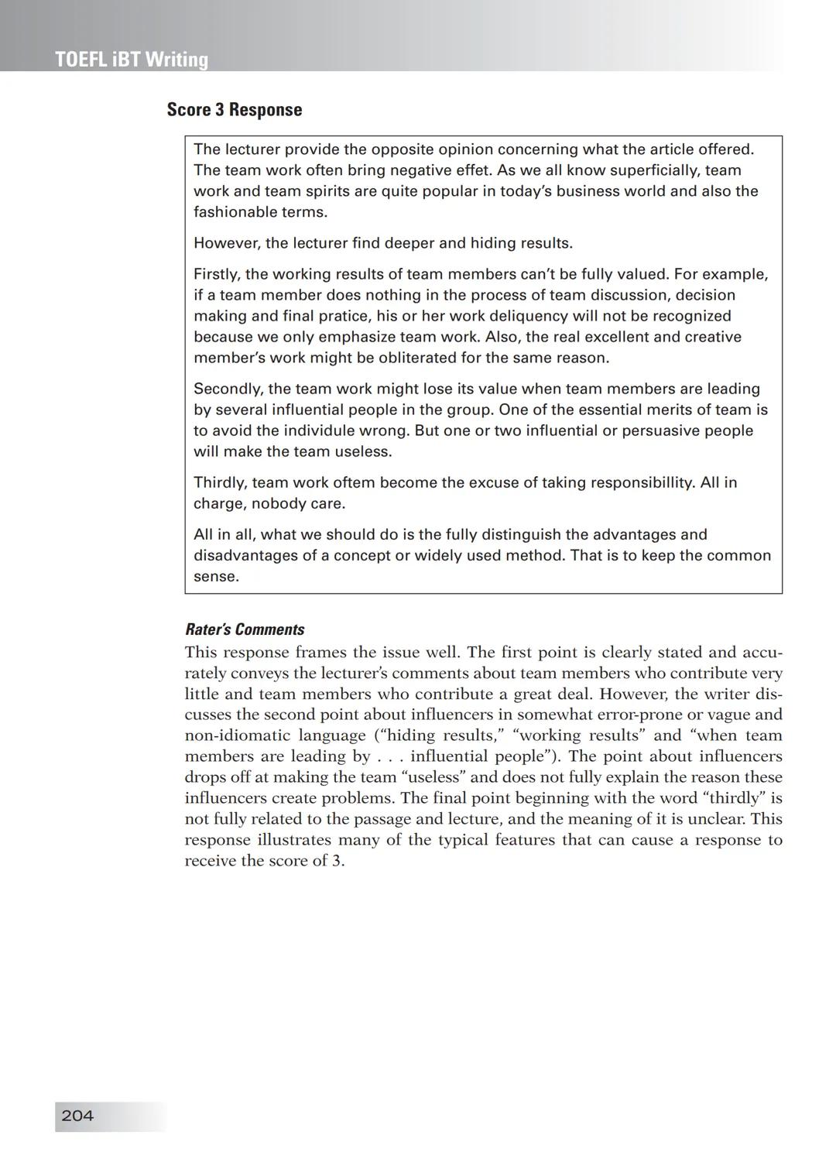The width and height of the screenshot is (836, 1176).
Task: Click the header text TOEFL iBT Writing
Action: coord(132,60)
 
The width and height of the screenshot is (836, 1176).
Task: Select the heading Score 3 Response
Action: coord(234,110)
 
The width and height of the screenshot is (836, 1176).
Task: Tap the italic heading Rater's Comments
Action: coord(245,629)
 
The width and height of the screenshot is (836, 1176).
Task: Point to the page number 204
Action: coord(77,1116)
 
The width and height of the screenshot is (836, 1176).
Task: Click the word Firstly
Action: coord(217,275)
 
